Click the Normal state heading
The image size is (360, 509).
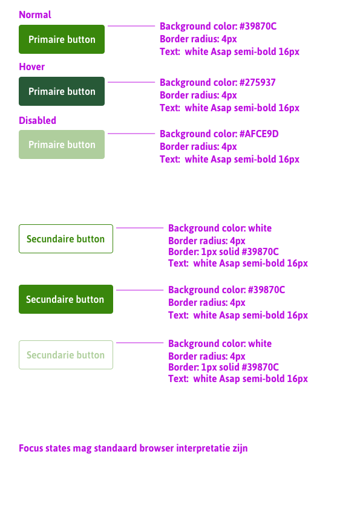pos(35,15)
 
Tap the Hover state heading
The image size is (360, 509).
pos(32,66)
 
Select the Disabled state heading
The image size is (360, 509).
pos(38,120)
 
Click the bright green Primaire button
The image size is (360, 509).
pos(62,39)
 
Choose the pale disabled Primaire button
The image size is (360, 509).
pos(62,144)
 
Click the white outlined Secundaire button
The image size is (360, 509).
pos(66,239)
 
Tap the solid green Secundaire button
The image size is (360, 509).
pos(66,299)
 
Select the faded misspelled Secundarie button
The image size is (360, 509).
pos(66,355)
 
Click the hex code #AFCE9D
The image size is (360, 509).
pos(259,134)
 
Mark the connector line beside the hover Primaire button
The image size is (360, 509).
pos(131,82)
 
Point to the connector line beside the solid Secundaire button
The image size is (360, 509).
pos(140,290)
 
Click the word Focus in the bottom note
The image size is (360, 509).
pos(31,449)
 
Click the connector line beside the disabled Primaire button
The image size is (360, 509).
pos(131,134)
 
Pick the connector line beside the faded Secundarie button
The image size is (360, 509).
pos(140,343)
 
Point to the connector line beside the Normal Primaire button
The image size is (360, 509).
pos(131,27)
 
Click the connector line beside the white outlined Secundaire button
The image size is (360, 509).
pos(140,228)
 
